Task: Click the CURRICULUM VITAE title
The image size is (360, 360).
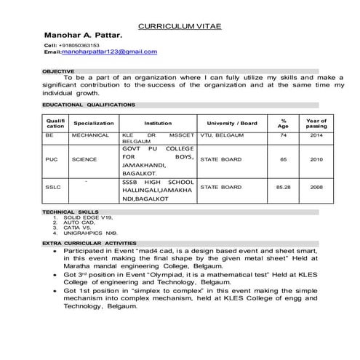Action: pos(180,26)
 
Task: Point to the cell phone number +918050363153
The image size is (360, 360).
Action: pos(79,45)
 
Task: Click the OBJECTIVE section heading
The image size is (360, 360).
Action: pos(58,71)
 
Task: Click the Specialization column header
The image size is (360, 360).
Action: pos(94,123)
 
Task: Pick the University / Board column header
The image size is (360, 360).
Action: pos(232,123)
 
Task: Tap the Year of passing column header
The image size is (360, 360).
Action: pos(316,123)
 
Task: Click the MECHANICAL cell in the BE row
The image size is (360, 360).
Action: pos(90,135)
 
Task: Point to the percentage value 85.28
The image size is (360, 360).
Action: pos(284,187)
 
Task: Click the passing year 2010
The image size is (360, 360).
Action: pos(316,159)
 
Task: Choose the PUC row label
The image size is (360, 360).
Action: pos(51,159)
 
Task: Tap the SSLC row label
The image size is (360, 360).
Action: pos(52,187)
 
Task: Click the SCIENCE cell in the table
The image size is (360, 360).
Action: pos(84,159)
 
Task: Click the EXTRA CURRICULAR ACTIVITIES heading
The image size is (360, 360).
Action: pos(89,241)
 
